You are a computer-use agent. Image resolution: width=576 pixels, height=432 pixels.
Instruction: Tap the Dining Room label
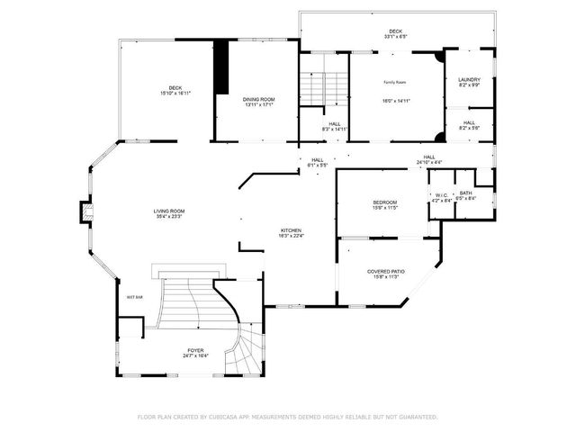(x=258, y=99)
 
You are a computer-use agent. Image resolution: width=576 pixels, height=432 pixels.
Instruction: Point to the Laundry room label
(x=469, y=79)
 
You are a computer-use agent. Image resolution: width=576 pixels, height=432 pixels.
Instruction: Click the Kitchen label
(x=290, y=230)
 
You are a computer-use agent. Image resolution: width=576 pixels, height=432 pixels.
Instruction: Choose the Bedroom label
(x=384, y=202)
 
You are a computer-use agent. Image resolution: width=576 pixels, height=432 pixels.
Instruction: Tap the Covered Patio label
(x=385, y=271)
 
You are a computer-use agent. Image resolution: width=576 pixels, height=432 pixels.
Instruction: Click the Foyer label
(x=195, y=350)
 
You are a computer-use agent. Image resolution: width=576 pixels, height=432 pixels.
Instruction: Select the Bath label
(x=465, y=193)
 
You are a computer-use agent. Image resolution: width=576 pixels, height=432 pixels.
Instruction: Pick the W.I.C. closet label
(x=442, y=195)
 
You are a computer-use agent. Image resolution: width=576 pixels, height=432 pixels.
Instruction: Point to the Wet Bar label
(x=135, y=296)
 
